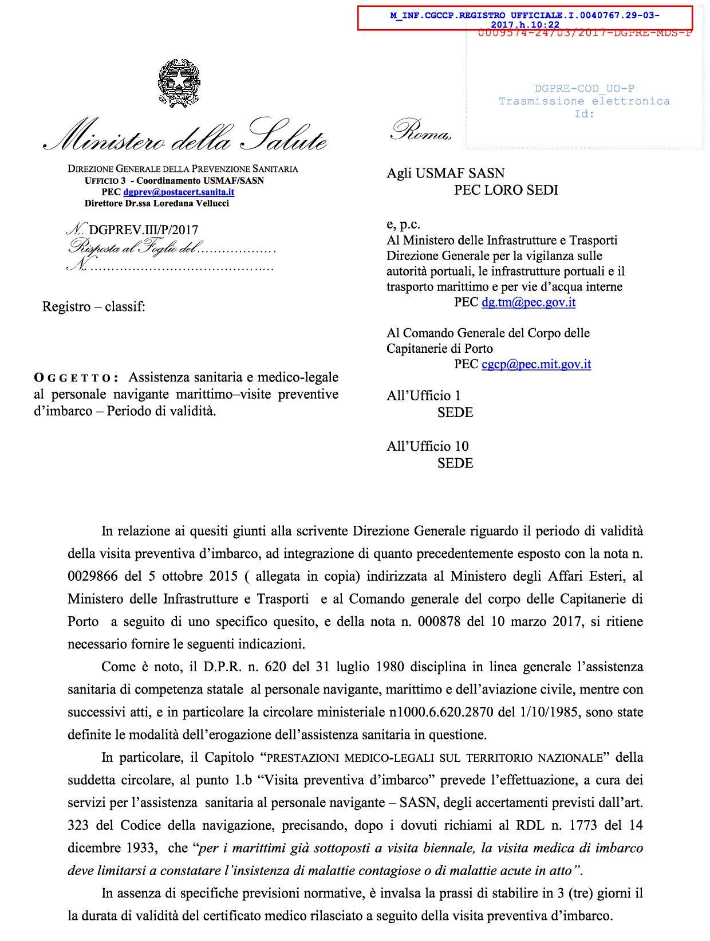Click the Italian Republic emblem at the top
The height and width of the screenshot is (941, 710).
pos(179,82)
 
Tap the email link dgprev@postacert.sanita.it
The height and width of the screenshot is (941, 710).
pos(179,192)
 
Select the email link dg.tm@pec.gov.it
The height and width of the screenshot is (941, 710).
pos(528,302)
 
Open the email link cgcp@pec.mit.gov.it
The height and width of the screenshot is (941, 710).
pos(536,364)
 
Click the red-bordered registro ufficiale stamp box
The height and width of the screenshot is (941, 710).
pos(525,18)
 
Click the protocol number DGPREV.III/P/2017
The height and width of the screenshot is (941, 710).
pos(144,230)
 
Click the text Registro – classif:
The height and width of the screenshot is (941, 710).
pos(94,307)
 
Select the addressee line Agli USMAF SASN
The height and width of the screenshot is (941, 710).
pos(445,173)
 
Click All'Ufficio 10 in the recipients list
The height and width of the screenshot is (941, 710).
pos(428,446)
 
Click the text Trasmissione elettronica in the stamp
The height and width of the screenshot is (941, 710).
pos(584,101)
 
